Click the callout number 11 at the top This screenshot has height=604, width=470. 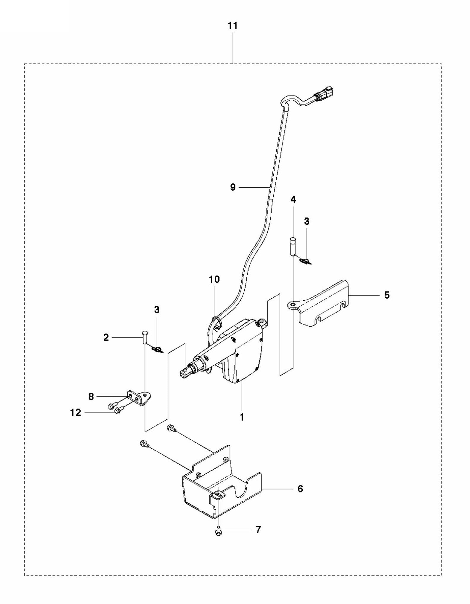232,26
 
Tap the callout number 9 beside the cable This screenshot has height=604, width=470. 233,187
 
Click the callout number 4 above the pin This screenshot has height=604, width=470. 293,199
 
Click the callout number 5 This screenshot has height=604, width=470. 387,295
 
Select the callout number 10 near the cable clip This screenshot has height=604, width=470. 214,279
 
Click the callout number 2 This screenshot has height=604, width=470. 106,337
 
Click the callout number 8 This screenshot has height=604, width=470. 91,397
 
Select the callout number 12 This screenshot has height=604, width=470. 76,412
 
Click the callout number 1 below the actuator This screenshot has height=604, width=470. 242,417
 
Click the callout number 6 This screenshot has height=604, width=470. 300,489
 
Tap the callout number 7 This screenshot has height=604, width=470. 258,530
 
